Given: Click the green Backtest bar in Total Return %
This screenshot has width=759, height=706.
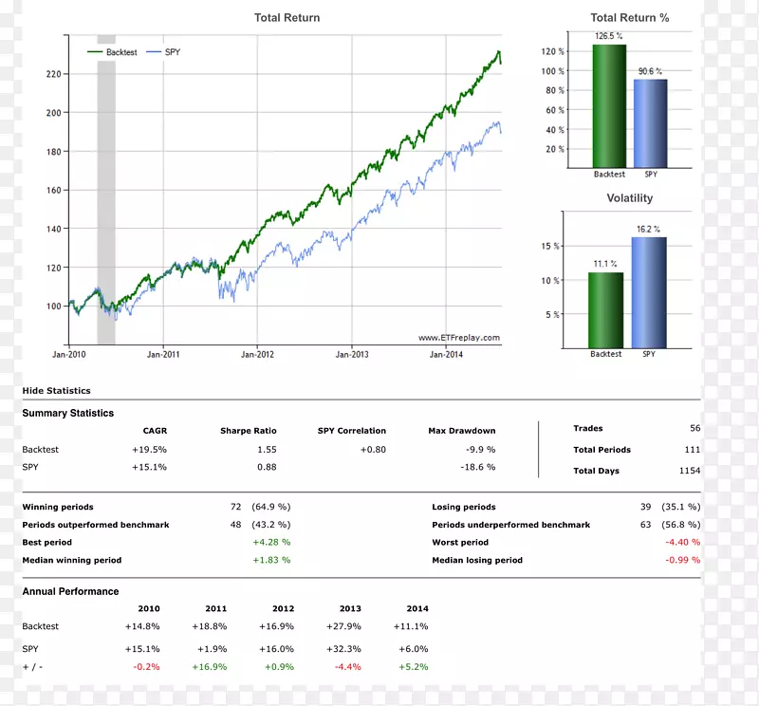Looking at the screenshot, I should pyautogui.click(x=609, y=106).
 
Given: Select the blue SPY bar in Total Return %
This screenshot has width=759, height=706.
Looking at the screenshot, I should pyautogui.click(x=651, y=123).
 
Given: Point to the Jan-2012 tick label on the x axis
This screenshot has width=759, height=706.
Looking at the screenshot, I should pyautogui.click(x=257, y=354).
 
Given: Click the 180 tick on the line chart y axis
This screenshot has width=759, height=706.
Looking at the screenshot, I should pyautogui.click(x=53, y=152).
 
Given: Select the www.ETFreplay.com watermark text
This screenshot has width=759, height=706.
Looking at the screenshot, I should pyautogui.click(x=458, y=338).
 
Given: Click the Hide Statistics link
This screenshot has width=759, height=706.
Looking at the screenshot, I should pyautogui.click(x=56, y=391).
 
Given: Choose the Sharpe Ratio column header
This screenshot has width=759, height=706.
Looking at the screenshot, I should pyautogui.click(x=249, y=431).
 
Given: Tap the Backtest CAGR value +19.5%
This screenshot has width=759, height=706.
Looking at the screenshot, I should pyautogui.click(x=150, y=450).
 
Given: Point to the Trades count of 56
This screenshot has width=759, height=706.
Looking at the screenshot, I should pyautogui.click(x=694, y=429).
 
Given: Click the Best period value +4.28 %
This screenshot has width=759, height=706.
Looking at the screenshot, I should pyautogui.click(x=271, y=543).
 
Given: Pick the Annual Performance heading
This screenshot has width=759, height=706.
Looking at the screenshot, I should pyautogui.click(x=71, y=591).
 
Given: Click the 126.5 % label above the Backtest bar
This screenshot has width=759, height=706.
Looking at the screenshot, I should pyautogui.click(x=608, y=36).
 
